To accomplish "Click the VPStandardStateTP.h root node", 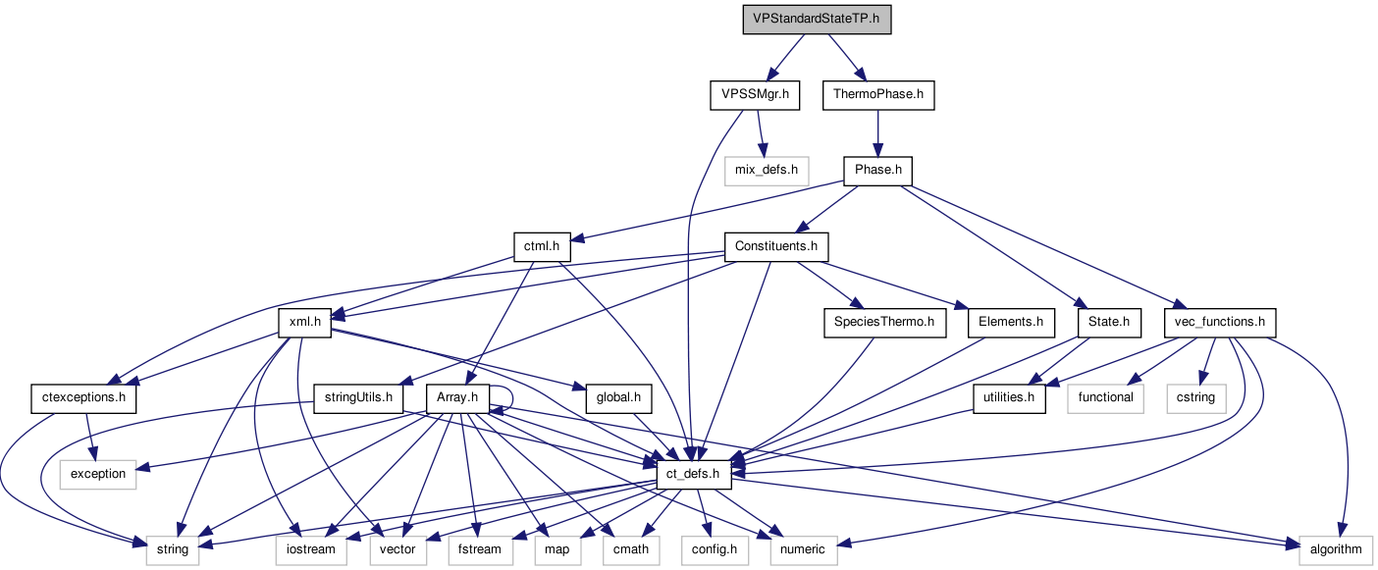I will [816, 20].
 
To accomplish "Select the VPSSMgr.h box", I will [753, 95].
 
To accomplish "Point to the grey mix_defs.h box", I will [767, 171].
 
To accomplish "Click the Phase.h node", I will [877, 171].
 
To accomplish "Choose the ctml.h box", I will [542, 246].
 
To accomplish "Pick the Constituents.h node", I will [776, 246].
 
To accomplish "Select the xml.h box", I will [305, 322].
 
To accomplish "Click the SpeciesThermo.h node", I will [884, 322].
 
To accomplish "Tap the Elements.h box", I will [1011, 322].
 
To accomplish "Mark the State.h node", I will [1109, 322].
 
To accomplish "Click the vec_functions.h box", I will [1219, 322].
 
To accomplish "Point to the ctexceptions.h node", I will [83, 398].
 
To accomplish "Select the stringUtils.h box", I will [358, 398].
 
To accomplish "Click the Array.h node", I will [458, 398].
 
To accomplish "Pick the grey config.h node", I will [715, 549].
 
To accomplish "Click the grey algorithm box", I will [1335, 549].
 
